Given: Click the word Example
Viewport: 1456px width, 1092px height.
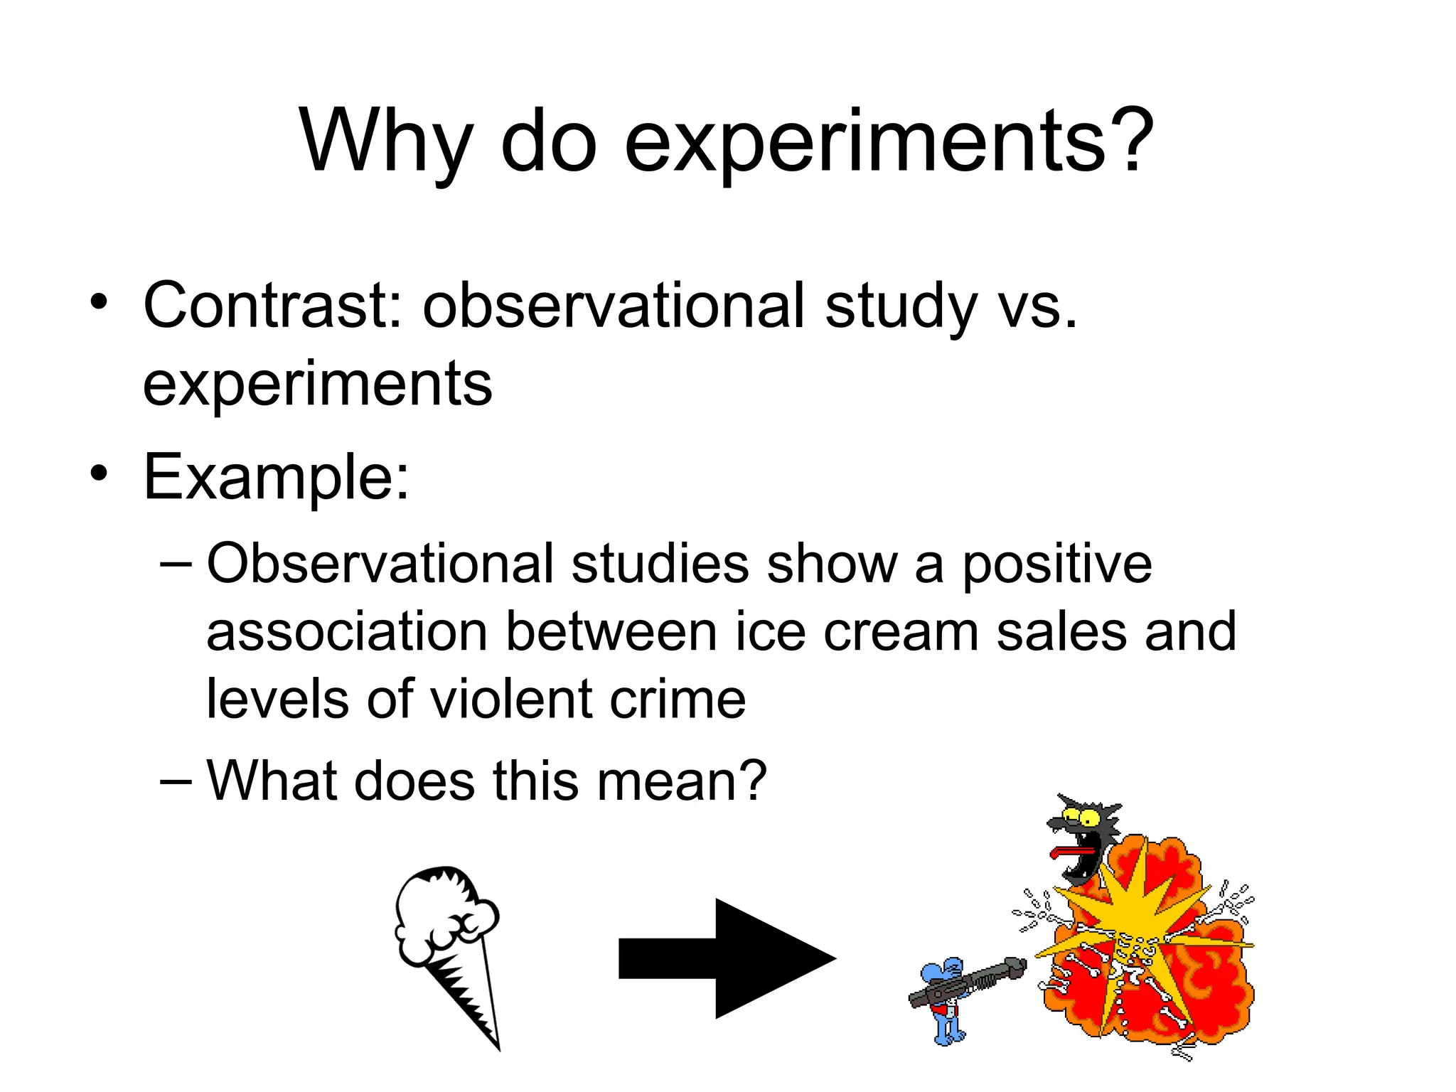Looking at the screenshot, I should (x=276, y=478).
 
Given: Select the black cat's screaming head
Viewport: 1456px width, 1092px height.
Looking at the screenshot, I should (x=1081, y=839).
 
